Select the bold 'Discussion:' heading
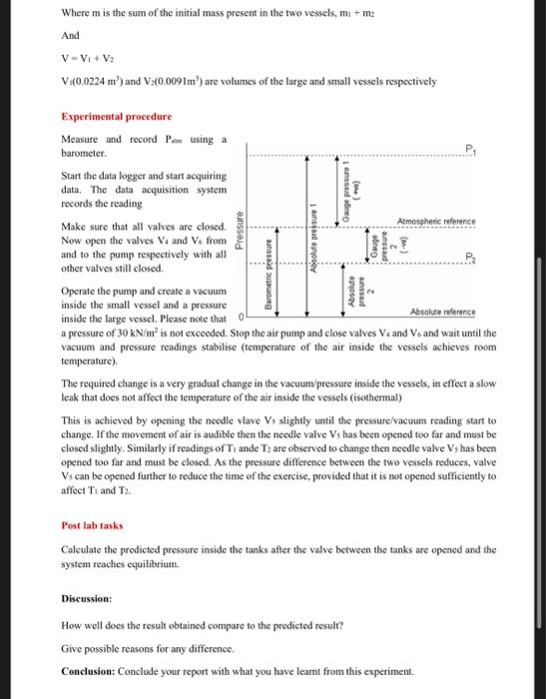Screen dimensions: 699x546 point(87,599)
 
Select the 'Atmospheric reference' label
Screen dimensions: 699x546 point(436,222)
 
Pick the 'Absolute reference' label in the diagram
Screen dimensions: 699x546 point(442,310)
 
